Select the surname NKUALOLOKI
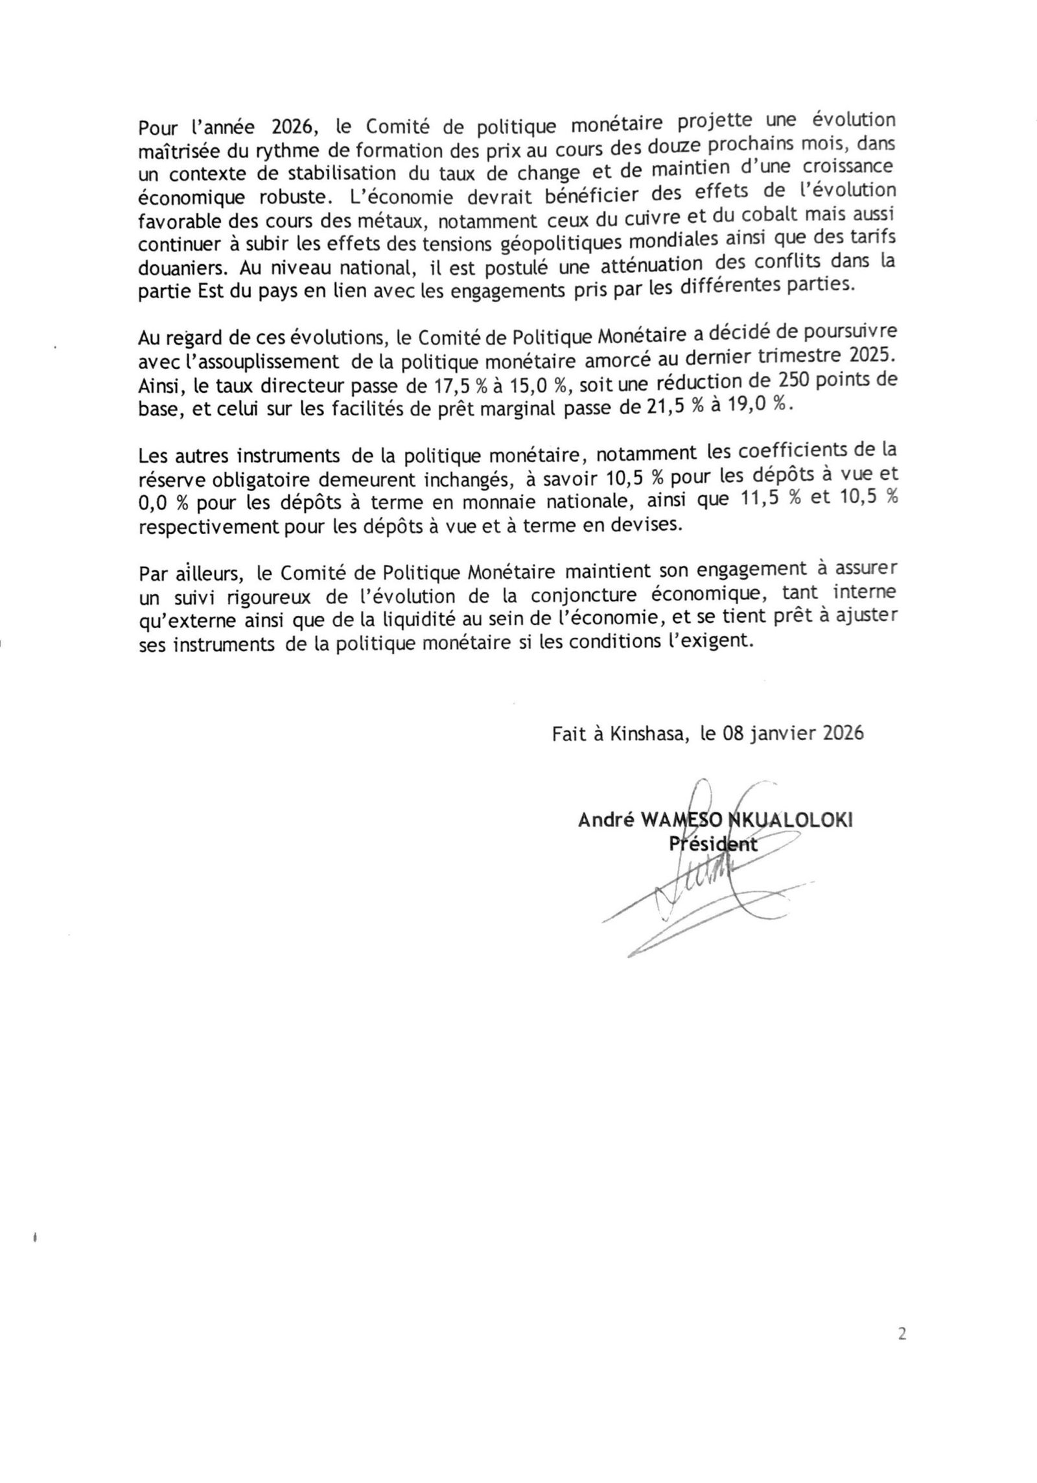click(x=791, y=820)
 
